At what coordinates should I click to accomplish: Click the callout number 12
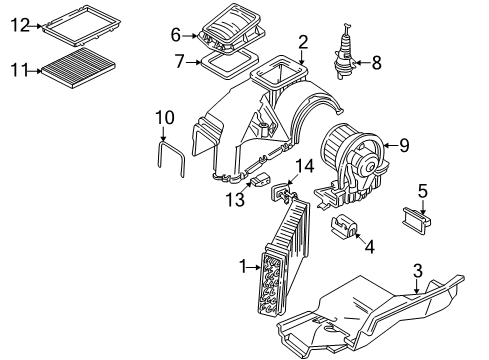pyautogui.click(x=20, y=25)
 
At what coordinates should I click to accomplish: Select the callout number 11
pyautogui.click(x=20, y=70)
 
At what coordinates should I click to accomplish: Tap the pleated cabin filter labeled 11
pyautogui.click(x=79, y=68)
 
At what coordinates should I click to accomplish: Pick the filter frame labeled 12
pyautogui.click(x=82, y=24)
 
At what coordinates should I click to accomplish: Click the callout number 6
pyautogui.click(x=176, y=35)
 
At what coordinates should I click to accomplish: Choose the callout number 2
pyautogui.click(x=303, y=42)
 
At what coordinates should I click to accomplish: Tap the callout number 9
pyautogui.click(x=404, y=145)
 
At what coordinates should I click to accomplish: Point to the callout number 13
pyautogui.click(x=235, y=199)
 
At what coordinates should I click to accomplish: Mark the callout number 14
pyautogui.click(x=305, y=166)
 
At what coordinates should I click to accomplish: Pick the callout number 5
pyautogui.click(x=423, y=191)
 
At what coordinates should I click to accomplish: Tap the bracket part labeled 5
pyautogui.click(x=416, y=221)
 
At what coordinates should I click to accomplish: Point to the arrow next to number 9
pyautogui.click(x=391, y=145)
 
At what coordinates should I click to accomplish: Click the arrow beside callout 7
pyautogui.click(x=193, y=62)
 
